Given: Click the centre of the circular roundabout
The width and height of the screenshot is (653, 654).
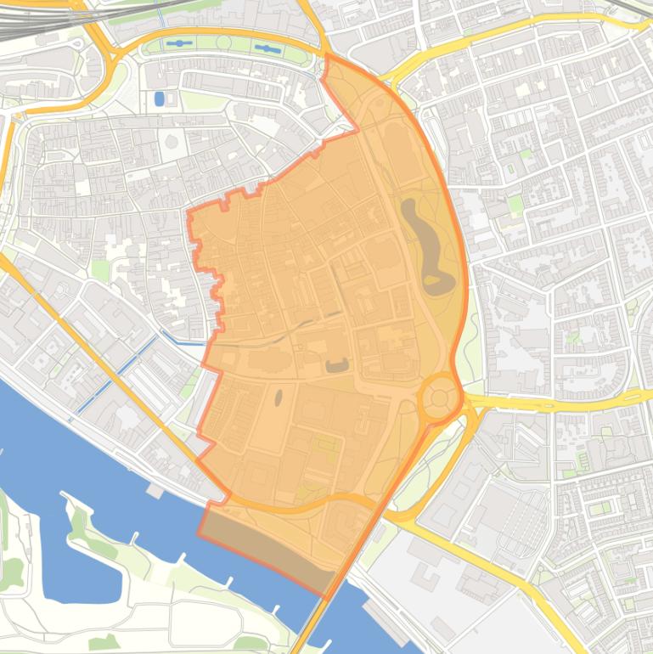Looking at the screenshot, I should point(438,397).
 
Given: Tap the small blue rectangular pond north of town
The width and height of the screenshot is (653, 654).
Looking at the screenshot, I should point(159,99).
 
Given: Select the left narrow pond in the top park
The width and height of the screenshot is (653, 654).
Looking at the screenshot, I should point(178,42).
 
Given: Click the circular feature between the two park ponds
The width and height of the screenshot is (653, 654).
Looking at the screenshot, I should point(223,42).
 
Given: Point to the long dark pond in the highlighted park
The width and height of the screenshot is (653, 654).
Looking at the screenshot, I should point(424,242).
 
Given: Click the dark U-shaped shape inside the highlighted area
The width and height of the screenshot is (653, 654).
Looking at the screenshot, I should point(337,365).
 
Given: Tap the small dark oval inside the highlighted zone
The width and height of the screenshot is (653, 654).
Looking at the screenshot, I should point(278,397).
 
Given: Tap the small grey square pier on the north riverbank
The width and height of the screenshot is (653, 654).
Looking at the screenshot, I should point(154,490).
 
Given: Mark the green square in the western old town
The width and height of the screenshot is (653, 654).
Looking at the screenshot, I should point(100,271).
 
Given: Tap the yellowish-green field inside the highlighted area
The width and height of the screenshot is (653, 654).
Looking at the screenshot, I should point(326,443).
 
